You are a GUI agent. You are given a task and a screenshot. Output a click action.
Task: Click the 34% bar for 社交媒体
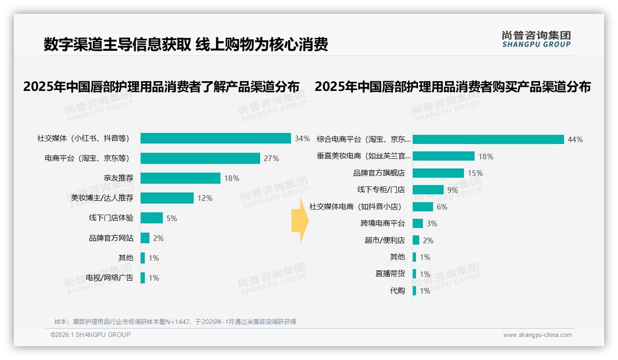(215, 138)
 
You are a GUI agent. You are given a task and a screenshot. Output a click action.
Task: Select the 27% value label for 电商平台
(271, 158)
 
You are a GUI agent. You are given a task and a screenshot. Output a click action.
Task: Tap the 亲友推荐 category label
(119, 178)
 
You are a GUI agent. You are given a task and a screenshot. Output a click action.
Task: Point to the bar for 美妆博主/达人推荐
(167, 198)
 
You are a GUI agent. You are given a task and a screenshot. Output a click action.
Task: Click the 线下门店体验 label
(111, 218)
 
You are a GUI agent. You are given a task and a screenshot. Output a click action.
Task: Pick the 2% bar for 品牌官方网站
(145, 238)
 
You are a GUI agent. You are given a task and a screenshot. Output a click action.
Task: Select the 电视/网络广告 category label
(110, 277)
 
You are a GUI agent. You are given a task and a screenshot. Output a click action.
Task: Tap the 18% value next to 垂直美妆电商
(486, 156)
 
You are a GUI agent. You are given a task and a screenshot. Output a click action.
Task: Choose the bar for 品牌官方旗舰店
(438, 173)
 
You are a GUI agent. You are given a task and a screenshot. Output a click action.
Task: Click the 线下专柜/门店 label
(381, 190)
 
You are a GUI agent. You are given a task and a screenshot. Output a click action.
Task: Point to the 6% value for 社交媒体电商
(442, 207)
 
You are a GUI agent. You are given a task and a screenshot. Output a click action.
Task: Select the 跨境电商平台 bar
(418, 223)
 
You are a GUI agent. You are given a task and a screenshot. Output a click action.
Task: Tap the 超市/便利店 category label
(385, 240)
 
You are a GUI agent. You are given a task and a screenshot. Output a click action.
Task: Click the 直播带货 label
(390, 274)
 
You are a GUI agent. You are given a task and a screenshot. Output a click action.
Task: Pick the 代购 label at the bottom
(397, 291)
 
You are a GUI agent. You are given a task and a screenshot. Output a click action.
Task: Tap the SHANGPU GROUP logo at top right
(536, 39)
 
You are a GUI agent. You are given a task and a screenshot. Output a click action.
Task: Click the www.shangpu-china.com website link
(537, 335)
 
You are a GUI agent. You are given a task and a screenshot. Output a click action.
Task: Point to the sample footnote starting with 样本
(175, 322)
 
